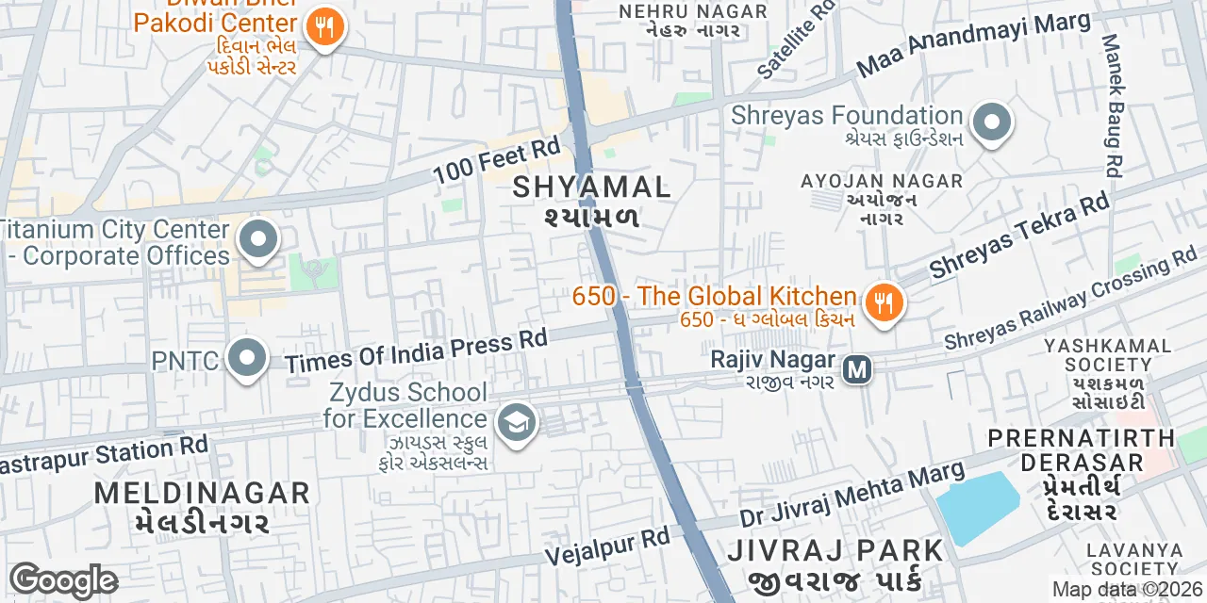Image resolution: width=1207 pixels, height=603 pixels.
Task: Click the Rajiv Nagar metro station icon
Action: click(857, 368)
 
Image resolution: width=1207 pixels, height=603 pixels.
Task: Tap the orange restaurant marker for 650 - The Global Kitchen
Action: click(884, 302)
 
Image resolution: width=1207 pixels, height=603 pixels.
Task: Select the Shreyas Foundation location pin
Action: click(991, 123)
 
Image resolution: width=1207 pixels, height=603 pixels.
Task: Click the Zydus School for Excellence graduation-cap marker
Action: click(516, 423)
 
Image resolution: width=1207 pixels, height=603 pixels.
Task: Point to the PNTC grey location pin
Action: click(247, 359)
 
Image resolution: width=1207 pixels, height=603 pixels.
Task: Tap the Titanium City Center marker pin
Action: click(258, 238)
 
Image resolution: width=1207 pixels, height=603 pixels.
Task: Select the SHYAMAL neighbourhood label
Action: click(591, 187)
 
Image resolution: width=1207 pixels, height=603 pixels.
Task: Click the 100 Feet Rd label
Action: click(496, 161)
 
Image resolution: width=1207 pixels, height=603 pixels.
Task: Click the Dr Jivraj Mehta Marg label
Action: click(852, 494)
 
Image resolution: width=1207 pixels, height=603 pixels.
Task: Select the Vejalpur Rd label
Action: click(607, 544)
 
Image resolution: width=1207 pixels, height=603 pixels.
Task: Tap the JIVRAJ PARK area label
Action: click(835, 550)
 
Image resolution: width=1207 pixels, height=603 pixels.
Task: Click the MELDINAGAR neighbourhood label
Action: click(202, 493)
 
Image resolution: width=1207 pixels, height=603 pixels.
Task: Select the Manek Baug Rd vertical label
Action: click(1112, 106)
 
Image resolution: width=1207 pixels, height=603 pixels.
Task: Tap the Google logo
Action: click(62, 580)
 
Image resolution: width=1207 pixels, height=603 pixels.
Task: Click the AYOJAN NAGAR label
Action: click(881, 181)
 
